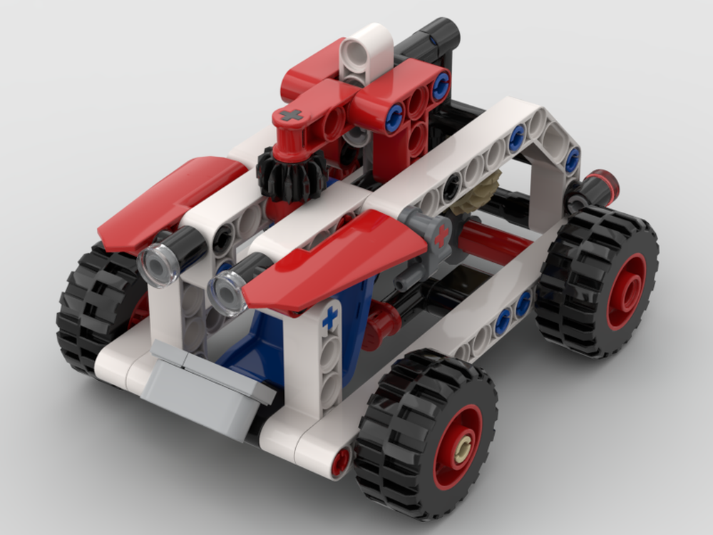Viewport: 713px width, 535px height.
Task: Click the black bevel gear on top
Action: tap(290, 175)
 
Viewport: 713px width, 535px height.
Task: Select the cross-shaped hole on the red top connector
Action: tap(290, 115)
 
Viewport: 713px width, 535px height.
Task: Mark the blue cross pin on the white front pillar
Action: tap(330, 318)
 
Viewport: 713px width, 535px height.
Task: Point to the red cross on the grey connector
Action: tap(443, 235)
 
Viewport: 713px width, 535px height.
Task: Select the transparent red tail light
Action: tap(607, 185)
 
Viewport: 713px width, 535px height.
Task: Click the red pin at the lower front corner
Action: tap(342, 462)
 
